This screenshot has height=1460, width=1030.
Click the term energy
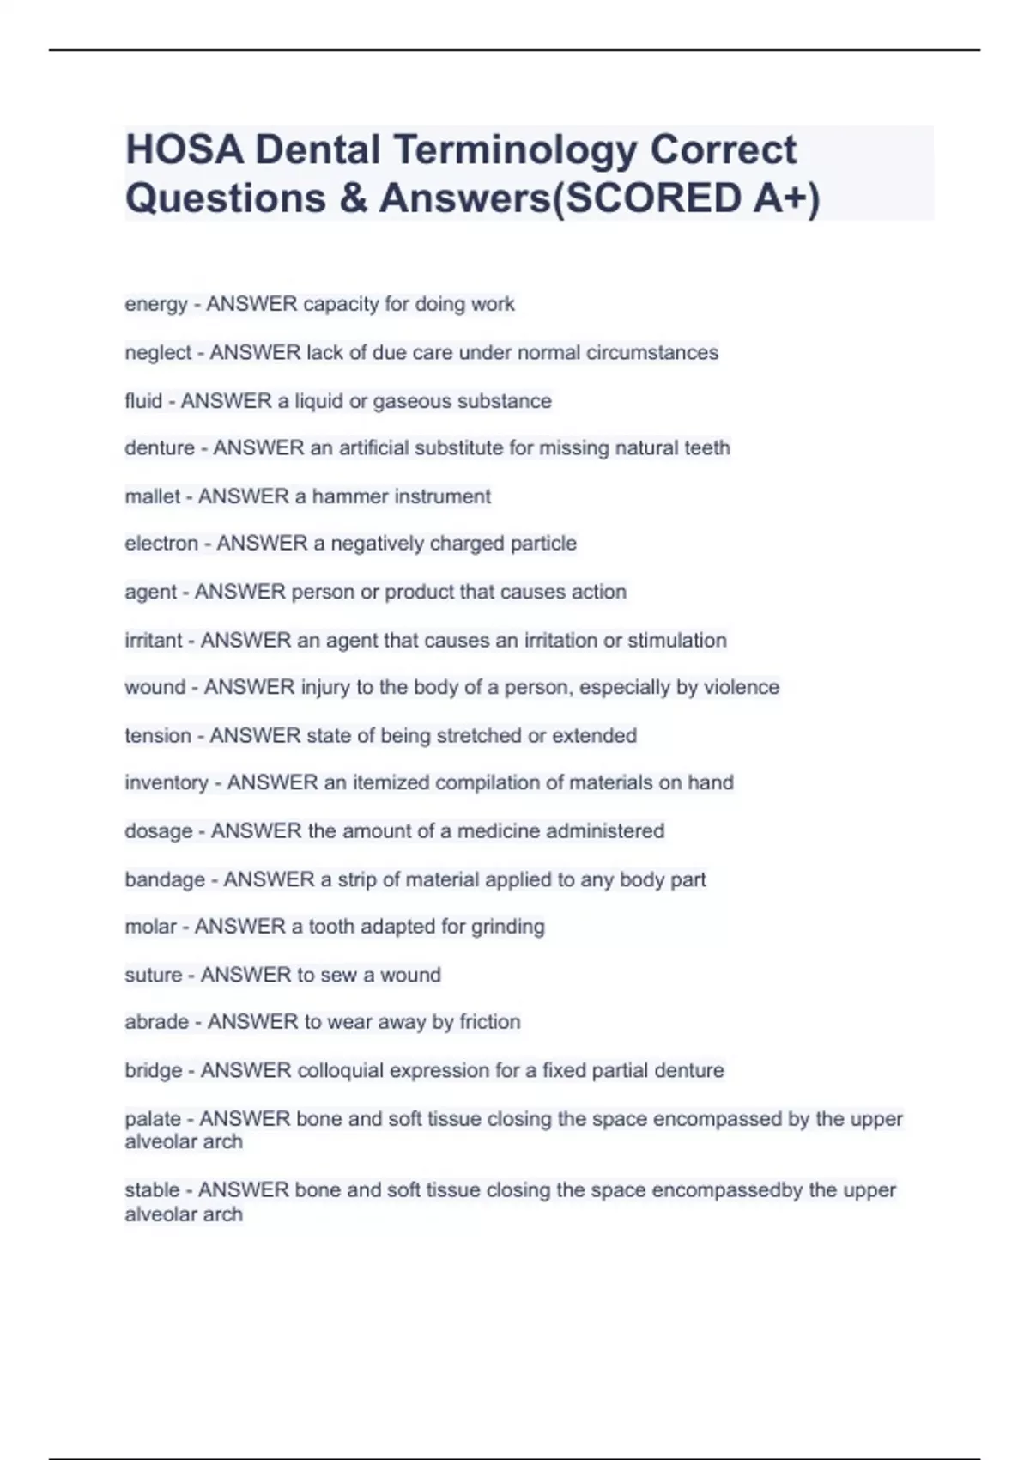pyautogui.click(x=155, y=305)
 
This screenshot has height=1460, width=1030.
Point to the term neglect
pyautogui.click(x=158, y=353)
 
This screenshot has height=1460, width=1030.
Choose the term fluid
pyautogui.click(x=143, y=401)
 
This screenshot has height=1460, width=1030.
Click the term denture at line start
pyautogui.click(x=160, y=448)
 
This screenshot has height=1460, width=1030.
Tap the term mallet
pyautogui.click(x=153, y=496)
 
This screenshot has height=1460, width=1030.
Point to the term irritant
pyautogui.click(x=154, y=641)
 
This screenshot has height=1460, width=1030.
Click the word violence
pyautogui.click(x=742, y=688)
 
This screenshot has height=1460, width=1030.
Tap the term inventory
pyautogui.click(x=167, y=783)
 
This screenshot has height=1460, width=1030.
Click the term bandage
pyautogui.click(x=165, y=880)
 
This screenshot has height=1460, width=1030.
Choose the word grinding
pyautogui.click(x=508, y=928)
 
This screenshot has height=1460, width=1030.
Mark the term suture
pyautogui.click(x=154, y=976)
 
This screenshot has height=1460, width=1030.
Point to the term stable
pyautogui.click(x=152, y=1190)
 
